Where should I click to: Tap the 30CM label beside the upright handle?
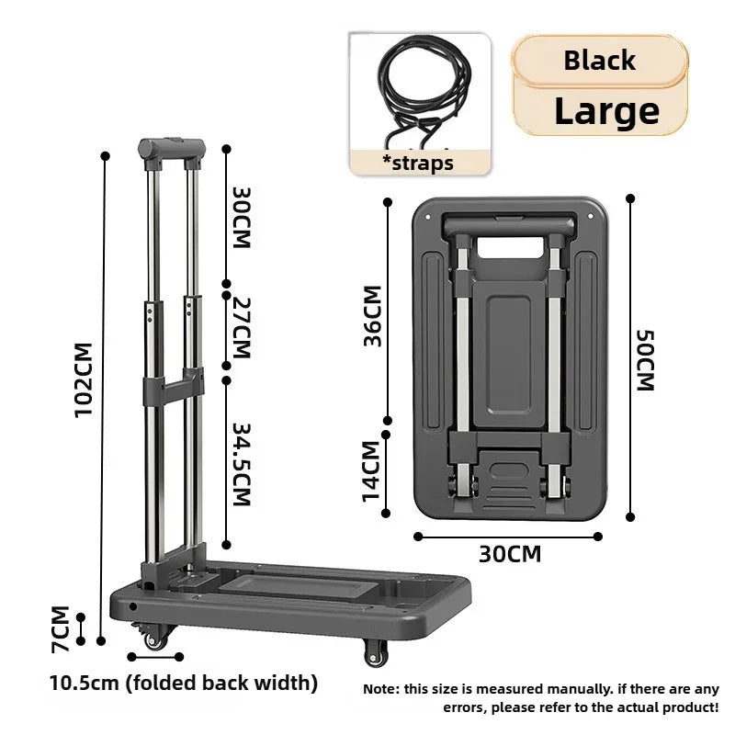241,218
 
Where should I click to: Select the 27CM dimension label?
241,328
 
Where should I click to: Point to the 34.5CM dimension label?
241,464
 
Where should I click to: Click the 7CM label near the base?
60,629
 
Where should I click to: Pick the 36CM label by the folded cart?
372,316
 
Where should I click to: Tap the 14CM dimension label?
370,471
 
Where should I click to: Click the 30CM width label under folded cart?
509,554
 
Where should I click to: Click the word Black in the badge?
599,61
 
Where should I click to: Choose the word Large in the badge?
605,110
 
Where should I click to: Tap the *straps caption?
418,164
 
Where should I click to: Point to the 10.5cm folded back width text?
184,683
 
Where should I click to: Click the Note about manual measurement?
541,697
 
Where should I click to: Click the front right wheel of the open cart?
376,652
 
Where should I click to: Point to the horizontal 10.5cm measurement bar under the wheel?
155,656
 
